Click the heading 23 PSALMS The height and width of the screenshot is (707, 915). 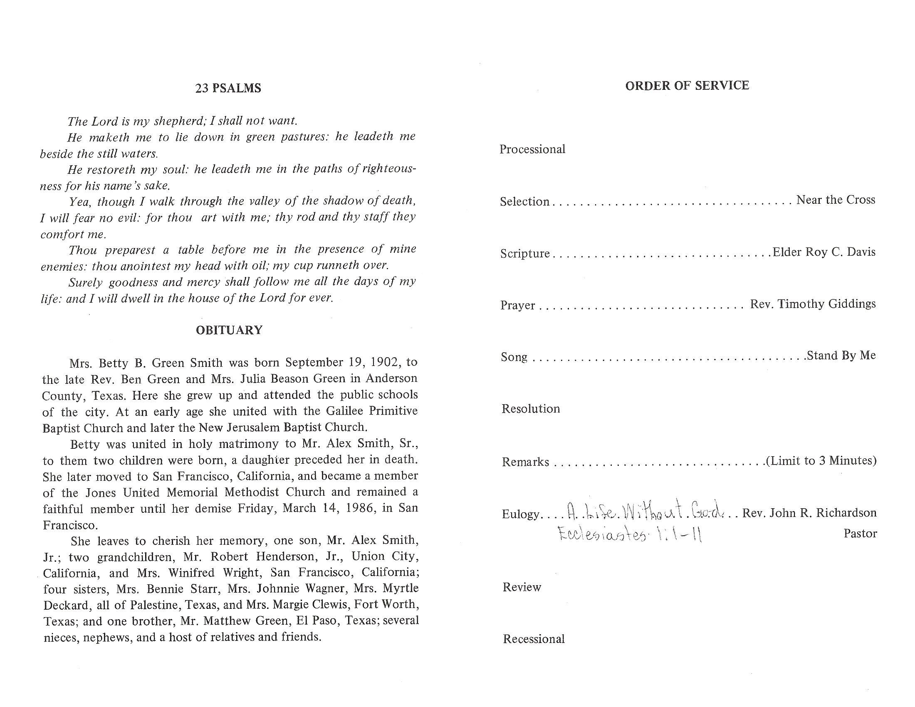click(228, 88)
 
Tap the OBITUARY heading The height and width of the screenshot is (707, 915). click(229, 330)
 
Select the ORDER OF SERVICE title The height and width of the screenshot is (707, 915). click(687, 86)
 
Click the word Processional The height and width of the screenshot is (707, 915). click(532, 150)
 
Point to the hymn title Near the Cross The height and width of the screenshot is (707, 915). click(836, 200)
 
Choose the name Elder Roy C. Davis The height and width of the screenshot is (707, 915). click(823, 252)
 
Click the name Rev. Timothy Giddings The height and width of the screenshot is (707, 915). click(812, 304)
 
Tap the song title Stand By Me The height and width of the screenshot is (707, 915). click(841, 356)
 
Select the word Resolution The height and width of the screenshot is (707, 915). click(530, 409)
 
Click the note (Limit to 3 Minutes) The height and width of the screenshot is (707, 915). click(821, 461)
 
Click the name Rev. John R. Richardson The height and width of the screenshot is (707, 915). click(809, 513)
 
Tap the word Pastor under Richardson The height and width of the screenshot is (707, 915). click(860, 534)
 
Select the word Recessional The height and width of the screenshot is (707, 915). click(534, 639)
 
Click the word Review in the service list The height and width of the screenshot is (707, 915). click(522, 587)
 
